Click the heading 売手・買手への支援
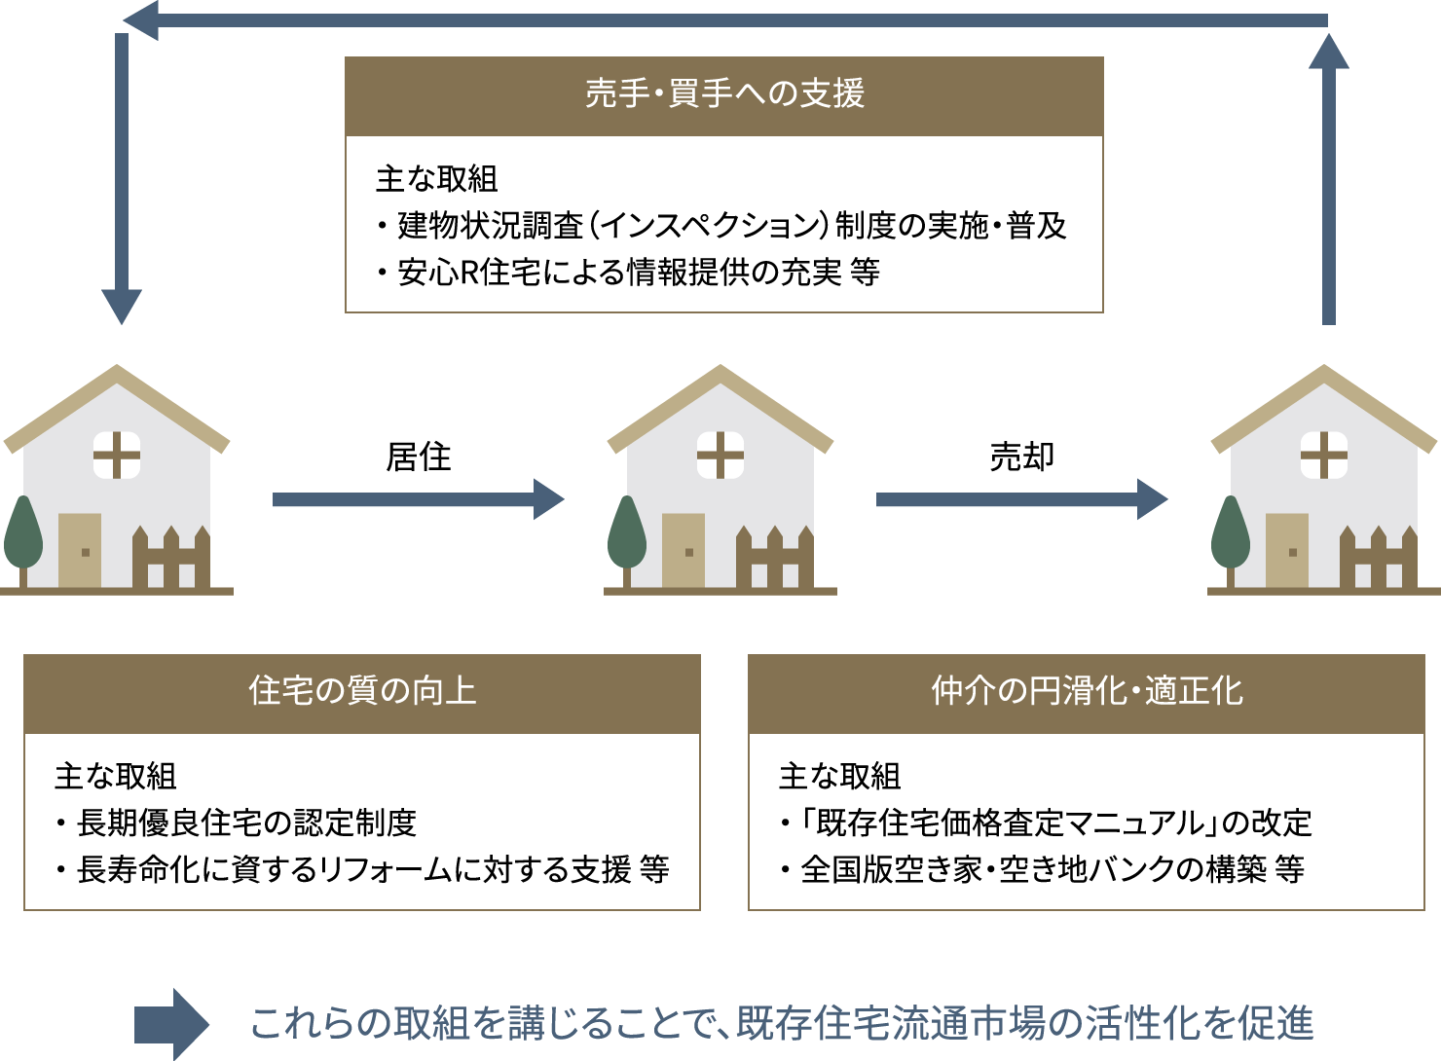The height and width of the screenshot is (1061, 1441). coord(724,93)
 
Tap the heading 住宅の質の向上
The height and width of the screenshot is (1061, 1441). coord(362,691)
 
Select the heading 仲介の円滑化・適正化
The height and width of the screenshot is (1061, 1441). coord(1087,691)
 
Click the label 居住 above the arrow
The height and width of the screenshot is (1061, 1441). coord(418,457)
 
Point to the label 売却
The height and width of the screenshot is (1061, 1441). coord(1021,457)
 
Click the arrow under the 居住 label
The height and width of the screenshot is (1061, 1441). coord(418,499)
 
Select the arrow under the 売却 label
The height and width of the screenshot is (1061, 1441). coord(1021,499)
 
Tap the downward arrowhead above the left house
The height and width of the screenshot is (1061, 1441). coord(122,307)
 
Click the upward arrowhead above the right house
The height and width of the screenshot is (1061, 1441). coord(1329,52)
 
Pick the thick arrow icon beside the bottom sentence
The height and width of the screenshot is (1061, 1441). coord(171,1024)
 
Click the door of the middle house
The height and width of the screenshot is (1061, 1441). coord(684,550)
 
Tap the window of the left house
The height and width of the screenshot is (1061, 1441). coord(117,456)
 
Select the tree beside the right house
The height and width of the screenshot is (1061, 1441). coord(1231,541)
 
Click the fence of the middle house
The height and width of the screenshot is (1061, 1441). coord(775,557)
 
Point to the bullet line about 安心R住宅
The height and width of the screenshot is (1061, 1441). coord(628,273)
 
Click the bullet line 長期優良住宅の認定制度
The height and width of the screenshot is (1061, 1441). coord(236,823)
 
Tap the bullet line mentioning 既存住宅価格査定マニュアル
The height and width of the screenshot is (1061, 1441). coord(1046,823)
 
